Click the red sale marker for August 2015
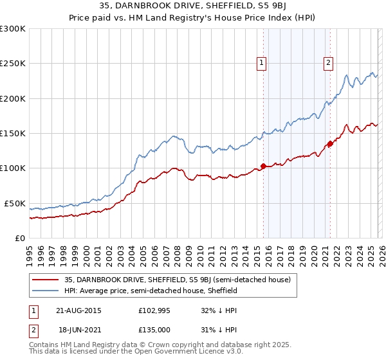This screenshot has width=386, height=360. pyautogui.click(x=263, y=166)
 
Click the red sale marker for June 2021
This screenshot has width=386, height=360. pyautogui.click(x=330, y=144)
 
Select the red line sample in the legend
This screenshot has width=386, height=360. pyautogui.click(x=46, y=280)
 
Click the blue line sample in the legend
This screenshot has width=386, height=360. pyautogui.click(x=46, y=291)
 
